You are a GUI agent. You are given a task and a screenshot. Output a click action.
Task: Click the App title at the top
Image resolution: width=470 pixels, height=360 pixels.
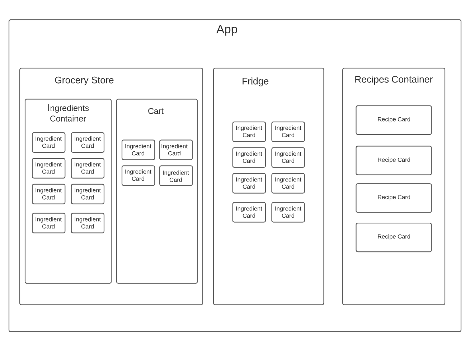227,29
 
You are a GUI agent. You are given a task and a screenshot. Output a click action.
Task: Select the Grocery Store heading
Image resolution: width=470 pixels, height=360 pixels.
84,80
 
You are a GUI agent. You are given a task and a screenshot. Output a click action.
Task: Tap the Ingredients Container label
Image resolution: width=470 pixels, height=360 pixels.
68,113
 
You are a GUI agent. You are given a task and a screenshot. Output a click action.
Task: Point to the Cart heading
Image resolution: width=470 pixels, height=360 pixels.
155,111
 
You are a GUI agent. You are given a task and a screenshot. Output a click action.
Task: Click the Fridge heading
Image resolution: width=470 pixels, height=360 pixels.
255,81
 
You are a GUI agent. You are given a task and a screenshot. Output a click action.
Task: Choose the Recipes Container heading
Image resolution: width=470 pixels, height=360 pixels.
393,80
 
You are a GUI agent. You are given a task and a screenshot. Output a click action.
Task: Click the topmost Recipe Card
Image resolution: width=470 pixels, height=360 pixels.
394,120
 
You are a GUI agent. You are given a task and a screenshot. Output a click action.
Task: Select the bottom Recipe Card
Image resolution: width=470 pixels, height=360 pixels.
394,237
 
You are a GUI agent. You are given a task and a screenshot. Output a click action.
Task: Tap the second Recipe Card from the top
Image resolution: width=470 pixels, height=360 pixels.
394,160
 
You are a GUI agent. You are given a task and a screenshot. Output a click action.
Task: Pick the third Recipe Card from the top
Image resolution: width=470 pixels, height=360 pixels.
394,198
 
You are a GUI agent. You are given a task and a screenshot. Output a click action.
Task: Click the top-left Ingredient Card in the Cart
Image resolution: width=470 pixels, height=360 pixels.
138,150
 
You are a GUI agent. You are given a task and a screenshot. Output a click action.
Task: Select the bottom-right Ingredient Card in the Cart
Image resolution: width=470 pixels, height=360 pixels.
176,176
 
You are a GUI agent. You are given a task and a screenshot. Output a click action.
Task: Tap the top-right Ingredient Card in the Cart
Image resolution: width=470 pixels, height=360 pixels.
176,150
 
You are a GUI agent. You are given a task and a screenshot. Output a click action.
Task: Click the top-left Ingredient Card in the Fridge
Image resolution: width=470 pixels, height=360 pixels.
249,132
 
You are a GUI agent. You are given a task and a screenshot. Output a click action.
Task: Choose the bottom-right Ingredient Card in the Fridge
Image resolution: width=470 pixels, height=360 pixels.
288,212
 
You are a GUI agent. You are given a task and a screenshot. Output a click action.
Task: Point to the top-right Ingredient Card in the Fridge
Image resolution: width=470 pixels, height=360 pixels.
288,132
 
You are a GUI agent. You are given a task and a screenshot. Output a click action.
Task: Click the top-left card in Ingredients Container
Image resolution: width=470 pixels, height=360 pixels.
48,142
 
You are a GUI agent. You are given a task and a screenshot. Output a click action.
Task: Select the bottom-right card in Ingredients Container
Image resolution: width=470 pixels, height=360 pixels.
88,223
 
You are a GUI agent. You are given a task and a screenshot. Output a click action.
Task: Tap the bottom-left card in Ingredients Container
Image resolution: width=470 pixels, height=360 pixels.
48,223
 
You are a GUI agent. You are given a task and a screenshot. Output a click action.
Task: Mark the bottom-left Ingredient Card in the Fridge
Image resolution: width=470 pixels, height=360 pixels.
249,212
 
